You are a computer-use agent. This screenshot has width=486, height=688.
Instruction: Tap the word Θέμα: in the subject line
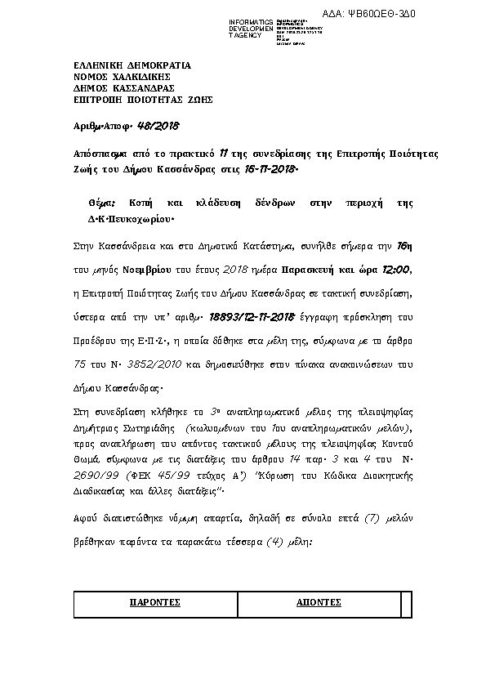click(103, 202)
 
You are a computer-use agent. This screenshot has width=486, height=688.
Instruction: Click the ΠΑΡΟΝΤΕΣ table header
click(155, 602)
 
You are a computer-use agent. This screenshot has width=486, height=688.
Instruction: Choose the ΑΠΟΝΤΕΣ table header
click(318, 602)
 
